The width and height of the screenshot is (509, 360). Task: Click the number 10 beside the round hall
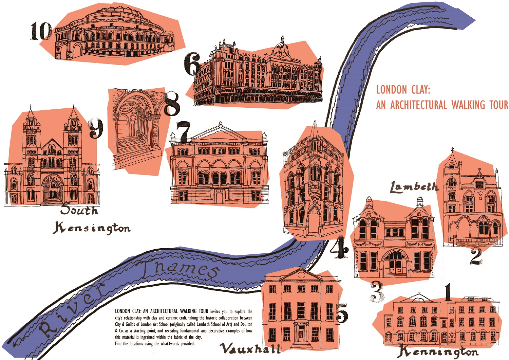(41, 31)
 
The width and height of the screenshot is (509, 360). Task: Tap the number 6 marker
(192, 64)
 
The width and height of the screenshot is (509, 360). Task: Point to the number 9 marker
(96, 128)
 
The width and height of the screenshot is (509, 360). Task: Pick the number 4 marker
(339, 249)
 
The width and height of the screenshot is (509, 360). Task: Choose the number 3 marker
(377, 291)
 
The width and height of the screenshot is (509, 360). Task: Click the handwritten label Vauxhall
(250, 348)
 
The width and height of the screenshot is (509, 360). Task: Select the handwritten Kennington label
(438, 352)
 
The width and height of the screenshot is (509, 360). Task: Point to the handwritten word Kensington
(92, 228)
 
